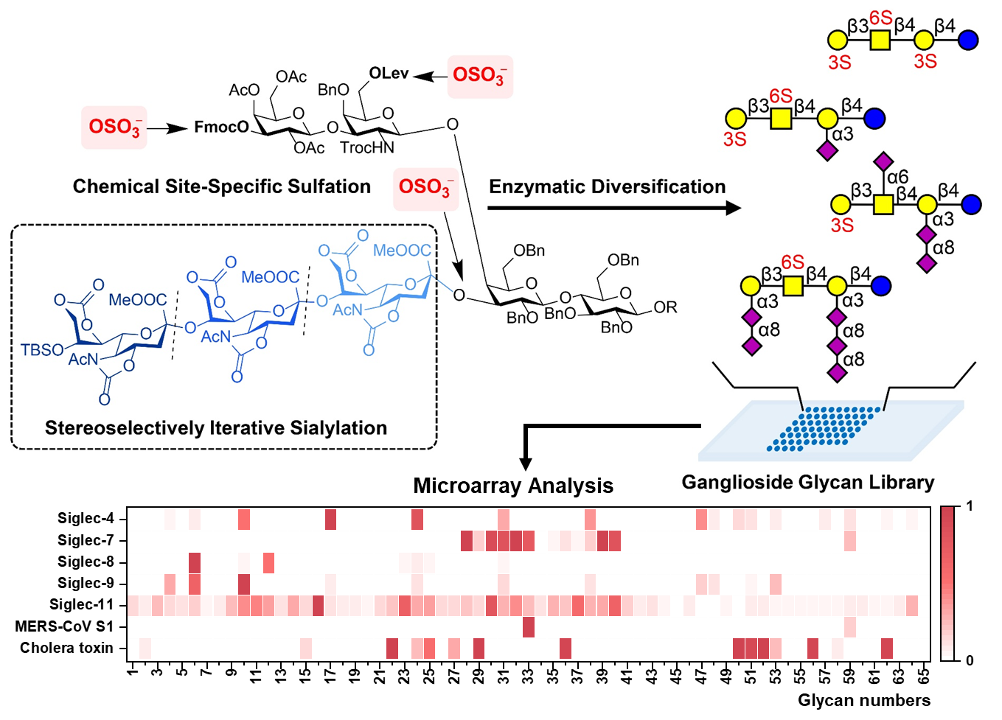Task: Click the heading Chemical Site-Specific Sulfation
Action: [221, 186]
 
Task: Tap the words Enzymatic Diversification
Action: [607, 187]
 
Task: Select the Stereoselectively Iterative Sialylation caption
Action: [216, 428]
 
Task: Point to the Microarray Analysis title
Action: [513, 486]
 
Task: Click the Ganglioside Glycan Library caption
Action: [808, 483]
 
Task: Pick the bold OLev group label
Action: [389, 73]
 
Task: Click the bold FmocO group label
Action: [221, 127]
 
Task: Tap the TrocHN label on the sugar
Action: [367, 148]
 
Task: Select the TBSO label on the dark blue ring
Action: [41, 349]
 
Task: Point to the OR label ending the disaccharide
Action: [665, 307]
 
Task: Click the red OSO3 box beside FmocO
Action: [114, 127]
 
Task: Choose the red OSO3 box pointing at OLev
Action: [479, 76]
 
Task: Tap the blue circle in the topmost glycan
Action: [968, 40]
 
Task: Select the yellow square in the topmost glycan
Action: [880, 40]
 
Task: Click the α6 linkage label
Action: [897, 177]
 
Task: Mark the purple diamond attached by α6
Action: [883, 161]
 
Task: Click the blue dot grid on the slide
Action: [824, 428]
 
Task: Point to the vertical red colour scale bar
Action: [947, 583]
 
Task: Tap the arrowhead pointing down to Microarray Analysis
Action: [526, 464]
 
